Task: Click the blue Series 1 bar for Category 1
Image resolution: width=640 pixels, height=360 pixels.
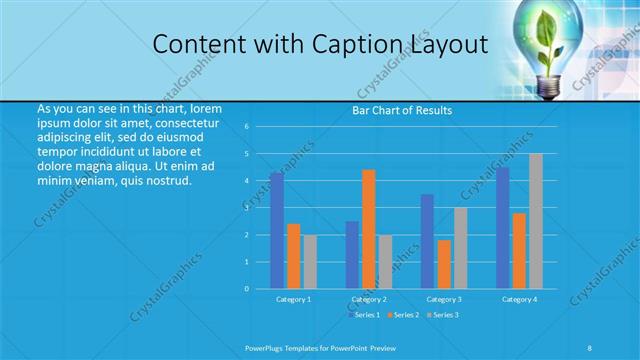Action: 276,231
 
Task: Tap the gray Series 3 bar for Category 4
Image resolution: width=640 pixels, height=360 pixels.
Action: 536,221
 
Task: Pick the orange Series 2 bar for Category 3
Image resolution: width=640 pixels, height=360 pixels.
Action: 444,264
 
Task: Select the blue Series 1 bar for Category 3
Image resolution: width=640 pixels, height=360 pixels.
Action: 427,241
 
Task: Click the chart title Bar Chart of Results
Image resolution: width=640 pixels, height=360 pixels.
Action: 403,110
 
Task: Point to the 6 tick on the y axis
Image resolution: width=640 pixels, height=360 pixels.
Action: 246,127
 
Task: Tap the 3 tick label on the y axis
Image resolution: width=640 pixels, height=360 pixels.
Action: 246,208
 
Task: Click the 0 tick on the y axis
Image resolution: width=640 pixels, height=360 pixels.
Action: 246,289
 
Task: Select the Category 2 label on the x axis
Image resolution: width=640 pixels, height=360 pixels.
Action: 369,299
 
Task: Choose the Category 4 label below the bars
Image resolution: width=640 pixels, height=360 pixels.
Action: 519,299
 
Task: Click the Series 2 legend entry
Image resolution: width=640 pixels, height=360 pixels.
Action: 403,315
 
